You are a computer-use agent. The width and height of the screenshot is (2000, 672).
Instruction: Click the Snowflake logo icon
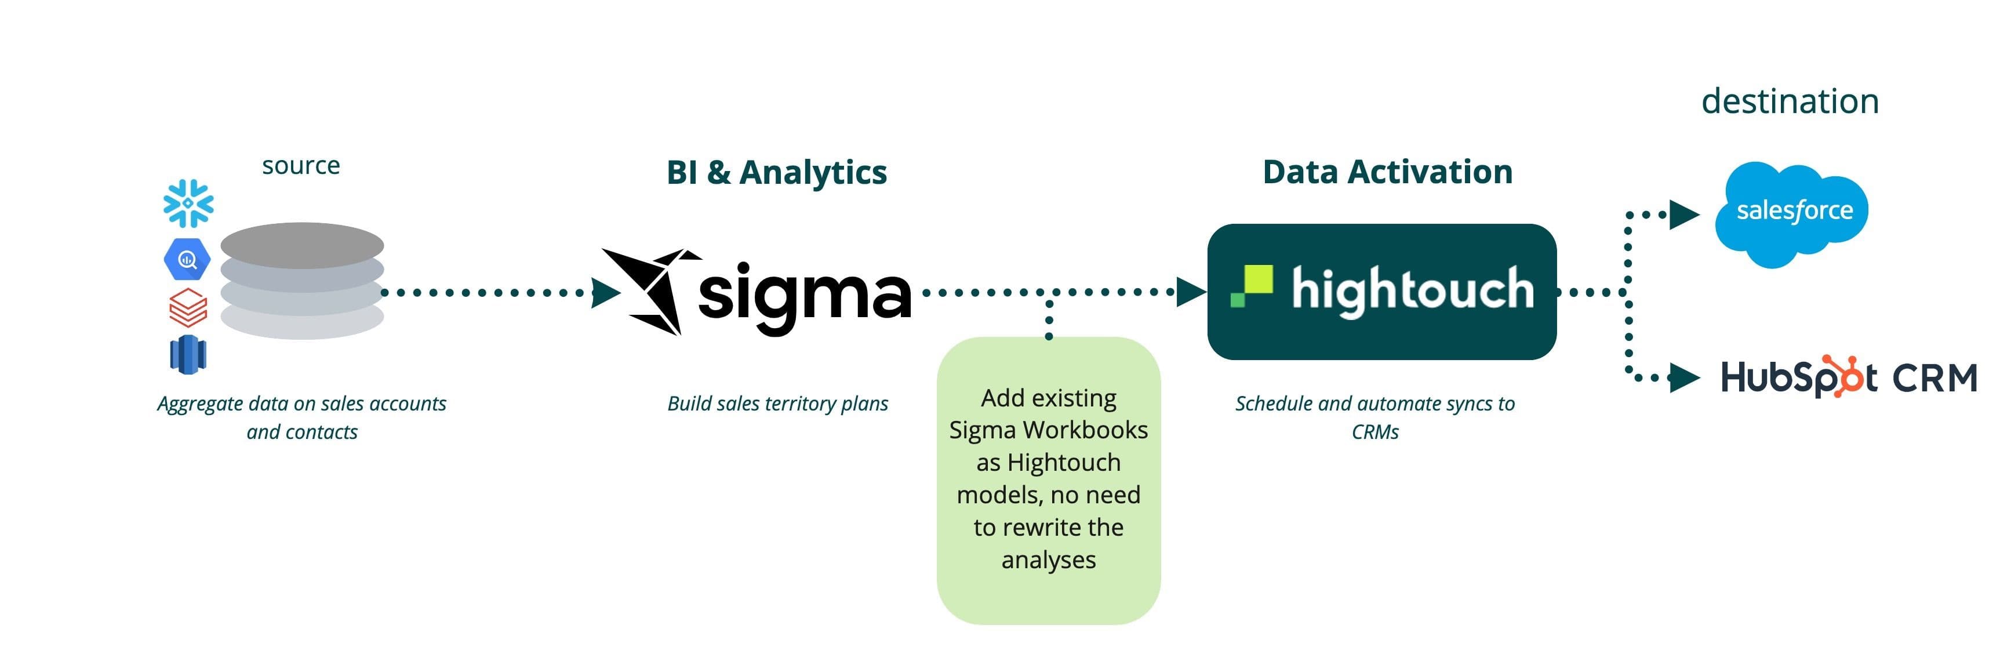[188, 204]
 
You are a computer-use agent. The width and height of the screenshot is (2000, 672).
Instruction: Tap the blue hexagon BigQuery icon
[187, 260]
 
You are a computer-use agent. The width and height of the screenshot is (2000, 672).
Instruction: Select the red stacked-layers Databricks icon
[188, 308]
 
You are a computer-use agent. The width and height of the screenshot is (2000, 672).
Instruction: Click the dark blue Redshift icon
[188, 354]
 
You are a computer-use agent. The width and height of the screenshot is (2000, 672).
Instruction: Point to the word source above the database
[300, 165]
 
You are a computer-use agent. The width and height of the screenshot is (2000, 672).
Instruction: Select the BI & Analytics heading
[776, 172]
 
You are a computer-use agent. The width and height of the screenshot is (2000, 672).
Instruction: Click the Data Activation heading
[1387, 172]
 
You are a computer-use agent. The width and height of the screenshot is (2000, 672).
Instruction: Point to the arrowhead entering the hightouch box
[1190, 292]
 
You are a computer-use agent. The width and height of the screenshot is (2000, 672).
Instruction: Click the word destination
[1790, 102]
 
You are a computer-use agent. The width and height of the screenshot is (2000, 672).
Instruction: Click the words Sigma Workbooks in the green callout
[1048, 430]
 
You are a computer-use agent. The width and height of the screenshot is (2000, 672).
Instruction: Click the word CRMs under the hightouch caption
[1374, 433]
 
